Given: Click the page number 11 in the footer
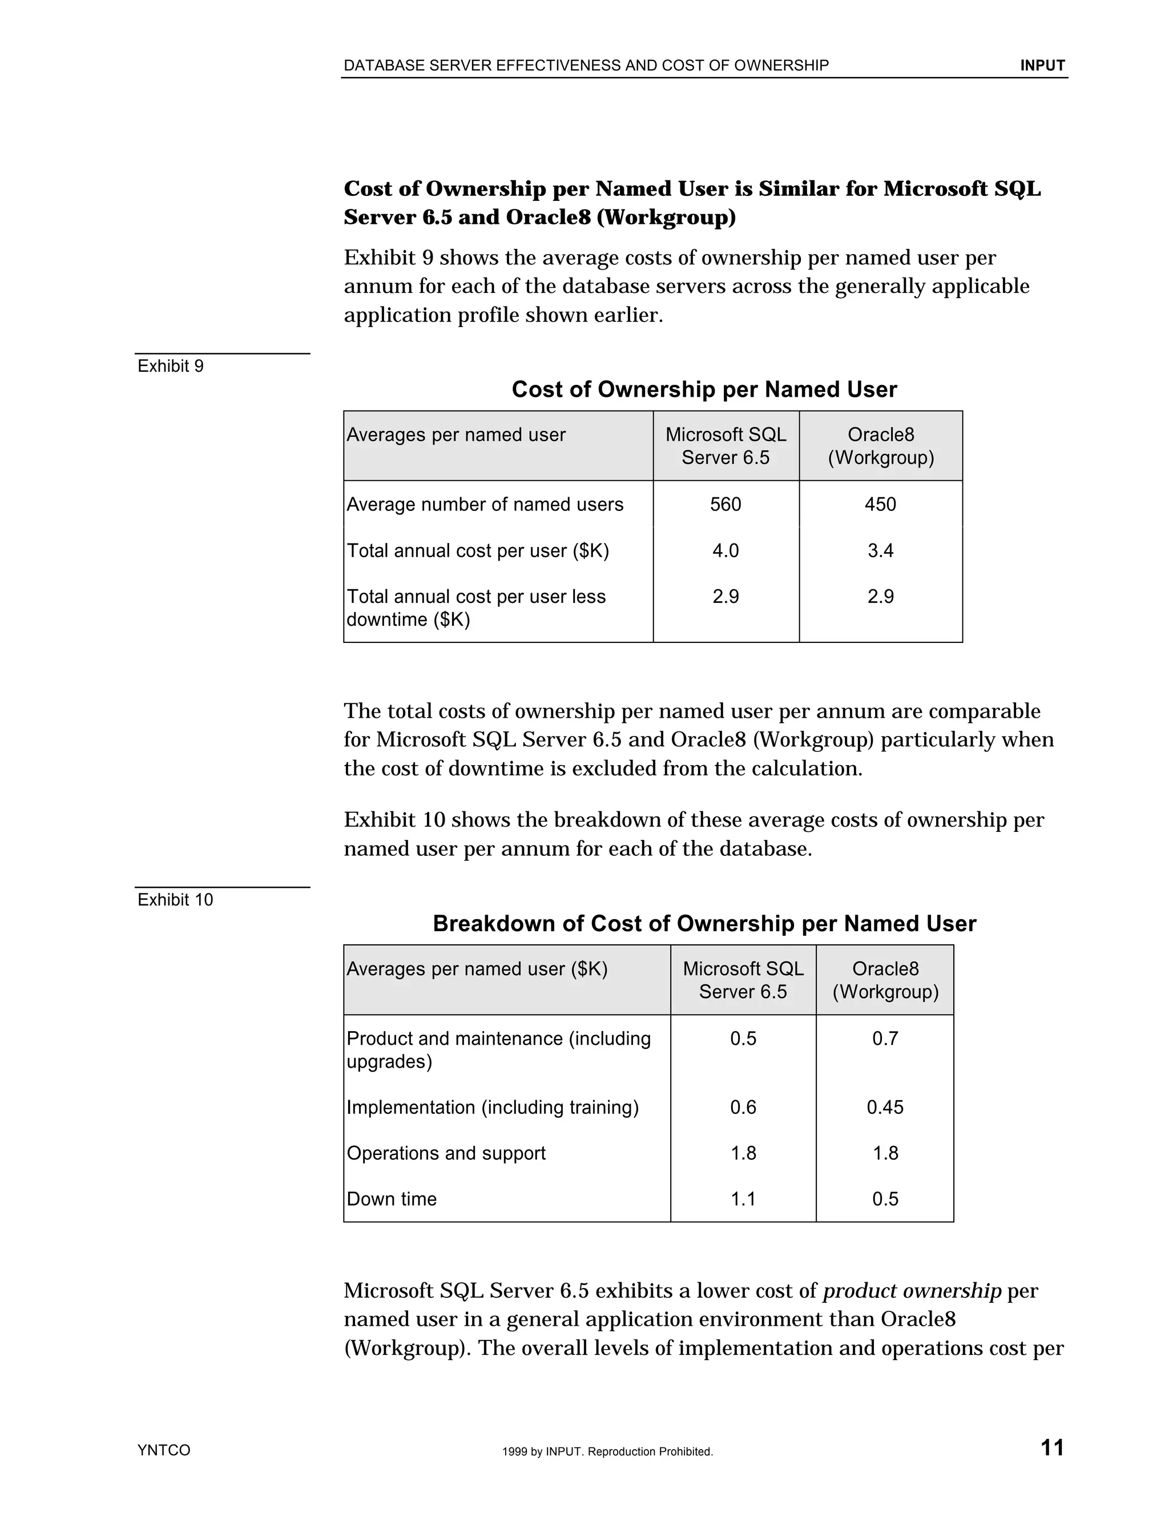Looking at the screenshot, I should click(1052, 1447).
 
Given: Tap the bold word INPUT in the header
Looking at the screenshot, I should click(1042, 66).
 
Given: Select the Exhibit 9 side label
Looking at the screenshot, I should click(170, 366).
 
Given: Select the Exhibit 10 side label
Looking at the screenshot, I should click(175, 899).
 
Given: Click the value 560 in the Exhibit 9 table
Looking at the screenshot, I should click(725, 504).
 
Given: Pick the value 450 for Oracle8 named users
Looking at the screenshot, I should click(880, 504).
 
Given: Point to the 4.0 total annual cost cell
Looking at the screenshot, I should click(725, 551).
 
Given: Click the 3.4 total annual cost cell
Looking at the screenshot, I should click(880, 551).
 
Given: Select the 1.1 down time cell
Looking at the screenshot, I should click(743, 1199).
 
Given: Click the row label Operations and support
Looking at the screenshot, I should click(446, 1153).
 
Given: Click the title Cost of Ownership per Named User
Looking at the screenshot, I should click(704, 389).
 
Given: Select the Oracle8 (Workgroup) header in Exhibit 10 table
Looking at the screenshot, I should click(885, 980).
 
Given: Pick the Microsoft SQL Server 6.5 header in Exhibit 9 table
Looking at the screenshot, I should click(725, 446).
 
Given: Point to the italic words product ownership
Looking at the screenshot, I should click(912, 1291).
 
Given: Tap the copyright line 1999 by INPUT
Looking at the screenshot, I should click(607, 1451).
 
